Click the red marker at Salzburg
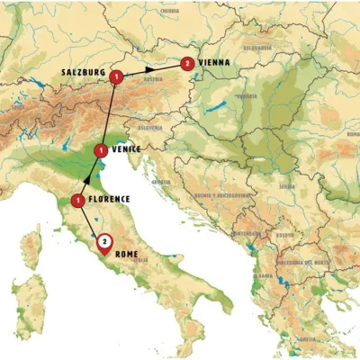pyautogui.click(x=116, y=77)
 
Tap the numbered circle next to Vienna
pyautogui.click(x=186, y=63)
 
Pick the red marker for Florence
pyautogui.click(x=79, y=200)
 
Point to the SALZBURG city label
pyautogui.click(x=78, y=70)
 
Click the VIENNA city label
pyautogui.click(x=214, y=63)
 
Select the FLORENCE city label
pyautogui.click(x=110, y=200)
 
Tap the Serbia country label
pyautogui.click(x=286, y=187)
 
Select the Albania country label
pyautogui.click(x=264, y=275)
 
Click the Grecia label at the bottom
pyautogui.click(x=307, y=338)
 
